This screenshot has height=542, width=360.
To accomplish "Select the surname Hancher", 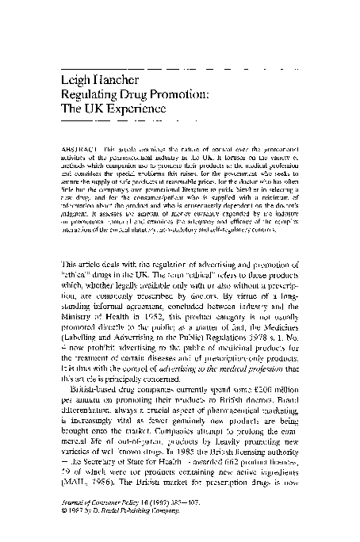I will click(x=120, y=80).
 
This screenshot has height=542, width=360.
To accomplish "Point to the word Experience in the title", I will click(x=136, y=109).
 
